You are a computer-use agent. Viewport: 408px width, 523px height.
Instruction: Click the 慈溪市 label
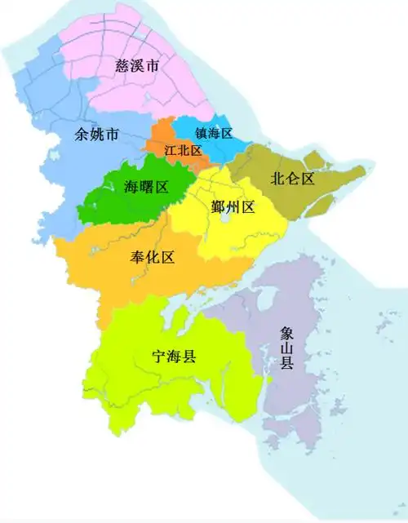[x=137, y=65]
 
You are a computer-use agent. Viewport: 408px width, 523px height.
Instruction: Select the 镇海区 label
[x=215, y=133]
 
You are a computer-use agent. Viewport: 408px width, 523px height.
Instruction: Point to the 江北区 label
[x=183, y=151]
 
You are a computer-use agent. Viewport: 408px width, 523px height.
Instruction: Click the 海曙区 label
[x=145, y=187]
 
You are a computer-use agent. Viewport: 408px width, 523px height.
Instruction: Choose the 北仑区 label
[x=292, y=179]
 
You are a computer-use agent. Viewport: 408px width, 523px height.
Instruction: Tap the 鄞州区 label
[x=233, y=208]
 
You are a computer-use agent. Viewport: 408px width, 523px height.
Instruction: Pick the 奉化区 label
[x=153, y=258]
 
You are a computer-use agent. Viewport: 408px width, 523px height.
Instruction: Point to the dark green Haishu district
[x=106, y=200]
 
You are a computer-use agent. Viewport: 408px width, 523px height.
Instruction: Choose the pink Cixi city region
[x=163, y=90]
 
